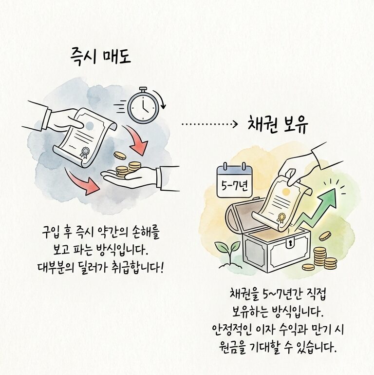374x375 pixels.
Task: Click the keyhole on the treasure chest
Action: (288, 242)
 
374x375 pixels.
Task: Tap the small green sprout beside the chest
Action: (225, 249)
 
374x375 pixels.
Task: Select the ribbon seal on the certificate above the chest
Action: (281, 218)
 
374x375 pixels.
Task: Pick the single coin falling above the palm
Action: (119, 155)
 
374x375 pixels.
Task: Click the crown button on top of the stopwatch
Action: (142, 89)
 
